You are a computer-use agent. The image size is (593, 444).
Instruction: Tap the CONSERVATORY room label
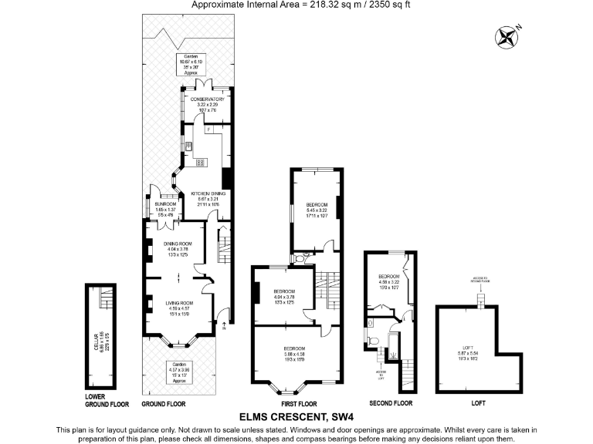pyautogui.click(x=206, y=105)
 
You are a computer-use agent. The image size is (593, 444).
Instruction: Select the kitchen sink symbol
pyautogui.click(x=188, y=146)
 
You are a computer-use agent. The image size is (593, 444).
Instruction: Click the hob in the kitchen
pyautogui.click(x=201, y=163)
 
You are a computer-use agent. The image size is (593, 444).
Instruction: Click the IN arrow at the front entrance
pyautogui.click(x=222, y=328)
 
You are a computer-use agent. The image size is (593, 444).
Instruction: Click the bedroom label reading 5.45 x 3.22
pyautogui.click(x=317, y=209)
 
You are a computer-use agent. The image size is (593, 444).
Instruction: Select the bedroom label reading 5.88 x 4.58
pyautogui.click(x=297, y=353)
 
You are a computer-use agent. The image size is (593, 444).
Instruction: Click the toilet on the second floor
pyautogui.click(x=372, y=338)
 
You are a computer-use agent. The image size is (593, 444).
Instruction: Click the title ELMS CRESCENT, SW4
pyautogui.click(x=296, y=417)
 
